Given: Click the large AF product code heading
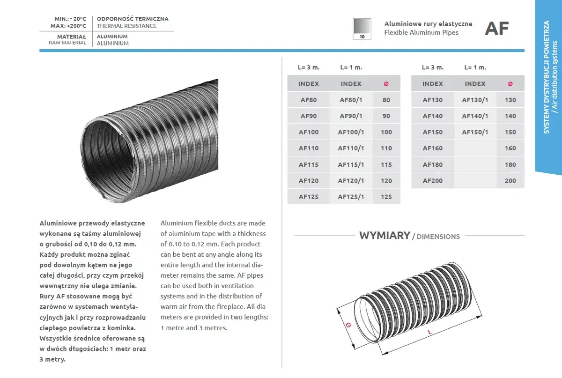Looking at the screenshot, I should click(x=496, y=29).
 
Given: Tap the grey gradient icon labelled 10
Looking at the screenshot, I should click(x=362, y=29).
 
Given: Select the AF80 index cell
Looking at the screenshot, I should click(x=308, y=100).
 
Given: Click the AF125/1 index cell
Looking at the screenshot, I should click(x=351, y=197).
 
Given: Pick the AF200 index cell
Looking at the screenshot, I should click(x=432, y=181).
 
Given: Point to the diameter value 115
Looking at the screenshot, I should click(x=386, y=164).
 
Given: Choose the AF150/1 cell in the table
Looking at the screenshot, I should click(x=475, y=132).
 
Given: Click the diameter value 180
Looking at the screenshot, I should click(x=510, y=164).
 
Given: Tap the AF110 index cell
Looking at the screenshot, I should click(x=308, y=148).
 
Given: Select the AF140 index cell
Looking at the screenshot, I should click(x=432, y=116).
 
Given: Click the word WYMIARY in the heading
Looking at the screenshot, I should click(x=385, y=236).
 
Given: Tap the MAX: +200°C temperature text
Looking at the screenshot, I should click(x=68, y=26).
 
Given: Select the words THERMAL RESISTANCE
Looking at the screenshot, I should click(x=126, y=26).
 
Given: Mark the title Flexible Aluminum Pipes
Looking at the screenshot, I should click(x=421, y=32).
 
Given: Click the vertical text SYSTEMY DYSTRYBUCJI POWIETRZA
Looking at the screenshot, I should click(x=547, y=77).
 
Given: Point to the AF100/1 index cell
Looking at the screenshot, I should click(x=351, y=132).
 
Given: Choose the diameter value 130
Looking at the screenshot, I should click(x=510, y=100).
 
